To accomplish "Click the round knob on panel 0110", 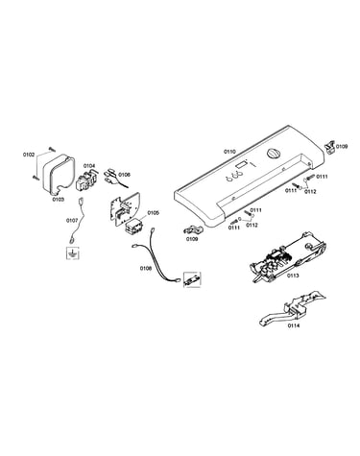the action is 273,154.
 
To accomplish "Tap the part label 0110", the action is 229,152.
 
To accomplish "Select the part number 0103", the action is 59,200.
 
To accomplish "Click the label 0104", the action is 89,166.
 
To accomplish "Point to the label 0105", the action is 154,213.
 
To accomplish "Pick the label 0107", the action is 72,221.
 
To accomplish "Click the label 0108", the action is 146,269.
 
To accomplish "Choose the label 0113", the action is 293,276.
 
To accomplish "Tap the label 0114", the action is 294,326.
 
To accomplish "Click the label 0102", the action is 29,155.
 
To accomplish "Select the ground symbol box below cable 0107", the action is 73,253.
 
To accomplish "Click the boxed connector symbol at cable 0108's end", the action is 192,279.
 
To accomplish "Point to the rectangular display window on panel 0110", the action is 241,165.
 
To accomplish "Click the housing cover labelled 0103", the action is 58,175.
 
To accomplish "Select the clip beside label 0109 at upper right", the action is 329,146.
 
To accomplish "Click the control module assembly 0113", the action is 288,255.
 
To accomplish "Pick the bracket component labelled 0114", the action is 292,308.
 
